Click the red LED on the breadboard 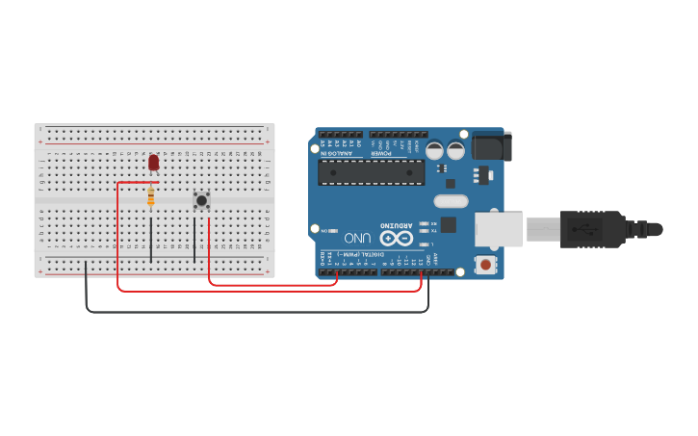pyautogui.click(x=154, y=164)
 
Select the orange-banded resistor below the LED pyautogui.click(x=151, y=197)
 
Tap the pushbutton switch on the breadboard pyautogui.click(x=201, y=200)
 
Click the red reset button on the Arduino pyautogui.click(x=486, y=264)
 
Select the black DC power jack pyautogui.click(x=491, y=145)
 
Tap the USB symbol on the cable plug pyautogui.click(x=582, y=229)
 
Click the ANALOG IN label pyautogui.click(x=339, y=154)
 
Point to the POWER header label pyautogui.click(x=382, y=154)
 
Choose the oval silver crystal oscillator pyautogui.click(x=450, y=201)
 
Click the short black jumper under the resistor pyautogui.click(x=151, y=241)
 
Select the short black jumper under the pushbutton pyautogui.click(x=194, y=241)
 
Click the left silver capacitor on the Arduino pyautogui.click(x=434, y=150)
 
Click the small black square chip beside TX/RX pyautogui.click(x=450, y=224)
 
